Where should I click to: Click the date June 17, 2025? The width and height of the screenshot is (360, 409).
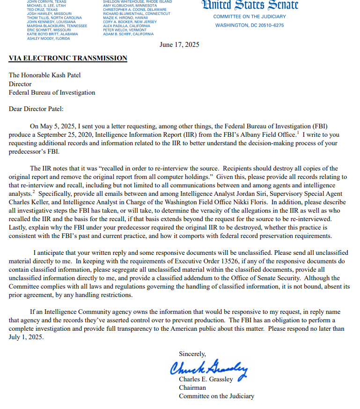tap(179, 45)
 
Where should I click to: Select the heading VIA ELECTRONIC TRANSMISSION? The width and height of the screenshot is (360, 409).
tap(68, 58)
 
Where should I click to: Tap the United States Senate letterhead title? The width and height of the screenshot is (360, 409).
tap(250, 6)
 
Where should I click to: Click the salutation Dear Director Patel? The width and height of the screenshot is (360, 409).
tap(36, 109)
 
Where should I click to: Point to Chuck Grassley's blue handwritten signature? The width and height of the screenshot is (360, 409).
tap(208, 367)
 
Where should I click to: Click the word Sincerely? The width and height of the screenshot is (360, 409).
tap(192, 354)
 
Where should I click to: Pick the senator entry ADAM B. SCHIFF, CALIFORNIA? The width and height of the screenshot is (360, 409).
tap(128, 34)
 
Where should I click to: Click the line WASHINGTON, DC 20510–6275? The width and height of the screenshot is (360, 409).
tap(250, 25)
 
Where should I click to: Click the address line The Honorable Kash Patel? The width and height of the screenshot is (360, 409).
tap(48, 75)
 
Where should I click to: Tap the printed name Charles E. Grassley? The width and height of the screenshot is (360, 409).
tap(206, 379)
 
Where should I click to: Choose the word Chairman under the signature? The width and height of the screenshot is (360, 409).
tap(192, 387)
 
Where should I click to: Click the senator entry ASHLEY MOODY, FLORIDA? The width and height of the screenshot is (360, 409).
tap(48, 38)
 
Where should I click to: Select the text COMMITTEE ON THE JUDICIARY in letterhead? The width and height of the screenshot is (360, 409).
tap(250, 17)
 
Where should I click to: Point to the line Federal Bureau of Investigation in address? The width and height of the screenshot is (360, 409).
tap(52, 92)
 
